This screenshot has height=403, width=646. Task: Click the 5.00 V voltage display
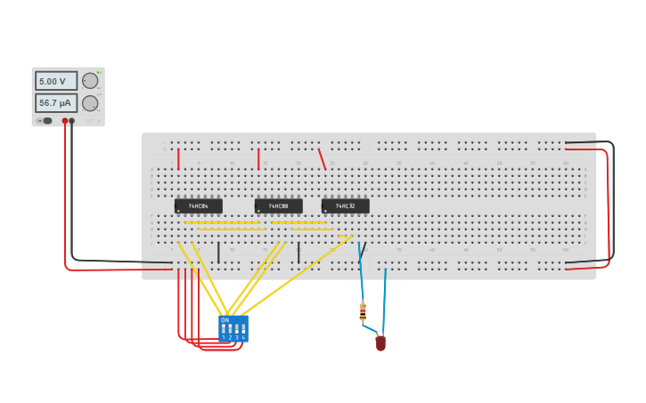click(55, 81)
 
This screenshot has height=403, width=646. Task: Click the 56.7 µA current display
click(55, 103)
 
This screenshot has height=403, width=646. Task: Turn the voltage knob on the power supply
click(90, 81)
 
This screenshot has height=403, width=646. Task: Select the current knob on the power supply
click(90, 103)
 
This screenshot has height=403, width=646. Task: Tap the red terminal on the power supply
click(65, 120)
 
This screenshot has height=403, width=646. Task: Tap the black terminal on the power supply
click(72, 120)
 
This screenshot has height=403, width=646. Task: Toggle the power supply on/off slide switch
click(45, 120)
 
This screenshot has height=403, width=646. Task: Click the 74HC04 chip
click(198, 206)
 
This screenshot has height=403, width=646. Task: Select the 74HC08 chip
click(278, 206)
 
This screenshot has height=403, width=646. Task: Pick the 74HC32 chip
click(345, 206)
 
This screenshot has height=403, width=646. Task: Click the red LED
click(380, 343)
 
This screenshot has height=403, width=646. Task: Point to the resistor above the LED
click(363, 311)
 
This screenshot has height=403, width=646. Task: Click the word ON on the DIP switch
click(225, 319)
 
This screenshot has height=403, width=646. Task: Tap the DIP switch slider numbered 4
click(243, 329)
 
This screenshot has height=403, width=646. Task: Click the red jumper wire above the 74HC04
click(178, 158)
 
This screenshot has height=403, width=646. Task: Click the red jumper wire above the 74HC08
click(258, 158)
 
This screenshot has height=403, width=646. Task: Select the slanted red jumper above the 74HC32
click(322, 158)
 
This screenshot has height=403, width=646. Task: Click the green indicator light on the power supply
click(98, 71)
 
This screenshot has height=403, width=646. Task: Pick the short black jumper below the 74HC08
click(298, 253)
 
